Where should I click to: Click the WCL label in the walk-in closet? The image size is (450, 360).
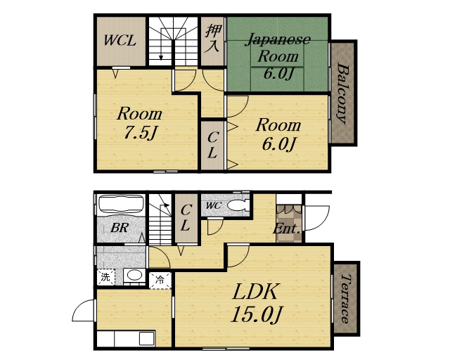tap(120, 41)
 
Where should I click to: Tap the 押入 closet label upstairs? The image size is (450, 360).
tap(212, 39)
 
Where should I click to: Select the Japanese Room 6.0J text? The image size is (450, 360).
tap(278, 56)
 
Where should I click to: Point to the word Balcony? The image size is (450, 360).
tap(342, 94)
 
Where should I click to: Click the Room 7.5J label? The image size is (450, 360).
tap(140, 122)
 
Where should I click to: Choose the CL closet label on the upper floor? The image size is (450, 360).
tap(212, 146)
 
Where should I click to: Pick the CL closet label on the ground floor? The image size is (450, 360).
tap(186, 217)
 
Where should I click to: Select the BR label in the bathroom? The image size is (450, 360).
tap(120, 228)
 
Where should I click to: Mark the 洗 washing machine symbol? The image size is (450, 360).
tap(106, 277)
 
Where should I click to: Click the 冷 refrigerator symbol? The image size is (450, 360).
tap(160, 280)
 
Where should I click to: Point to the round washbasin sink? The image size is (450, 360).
tap(134, 276)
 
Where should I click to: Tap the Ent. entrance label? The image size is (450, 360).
tap(287, 229)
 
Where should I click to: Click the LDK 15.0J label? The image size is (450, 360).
tap(256, 303)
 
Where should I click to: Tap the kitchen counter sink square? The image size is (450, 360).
tap(147, 338)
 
